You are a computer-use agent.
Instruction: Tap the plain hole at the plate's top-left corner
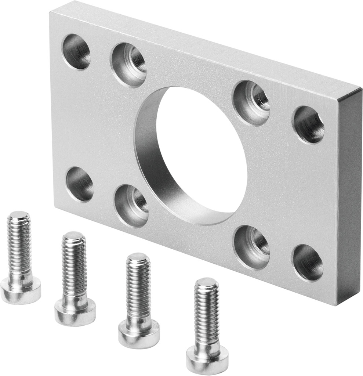pyautogui.click(x=76, y=51)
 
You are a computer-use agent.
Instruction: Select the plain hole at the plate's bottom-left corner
pyautogui.click(x=80, y=184)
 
